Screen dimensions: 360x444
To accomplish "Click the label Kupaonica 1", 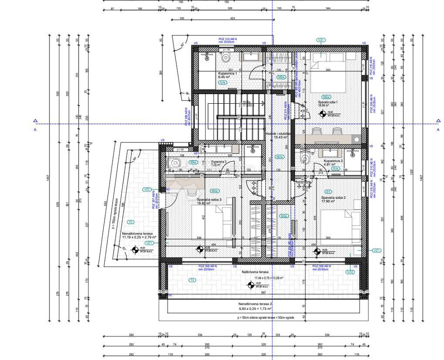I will (x=227, y=74).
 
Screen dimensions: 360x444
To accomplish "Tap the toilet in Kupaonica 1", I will (x=225, y=58).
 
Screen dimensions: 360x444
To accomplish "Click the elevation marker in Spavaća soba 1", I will (x=323, y=114).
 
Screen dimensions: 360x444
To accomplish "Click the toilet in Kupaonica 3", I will (x=175, y=163).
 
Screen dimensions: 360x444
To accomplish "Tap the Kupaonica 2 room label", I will (x=334, y=161).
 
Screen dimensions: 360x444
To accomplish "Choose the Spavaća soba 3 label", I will (x=209, y=200).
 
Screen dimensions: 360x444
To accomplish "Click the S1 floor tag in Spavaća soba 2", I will (x=329, y=191).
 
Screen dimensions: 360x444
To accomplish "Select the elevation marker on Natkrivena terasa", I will (x=251, y=285).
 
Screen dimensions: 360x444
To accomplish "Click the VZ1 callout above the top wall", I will (x=321, y=40).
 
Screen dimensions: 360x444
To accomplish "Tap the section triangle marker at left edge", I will (x=35, y=121).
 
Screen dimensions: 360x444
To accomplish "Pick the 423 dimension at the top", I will (x=232, y=19).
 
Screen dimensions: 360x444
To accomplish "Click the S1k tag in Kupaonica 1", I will (x=222, y=82).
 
